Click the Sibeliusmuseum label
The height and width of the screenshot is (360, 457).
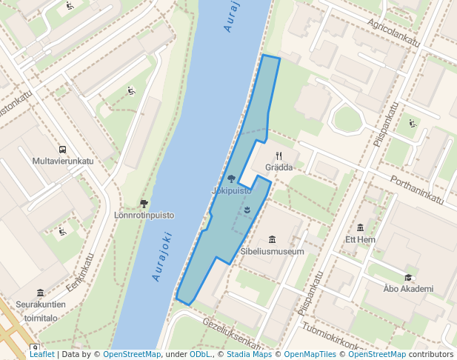272,252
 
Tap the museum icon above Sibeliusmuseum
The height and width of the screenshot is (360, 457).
272,239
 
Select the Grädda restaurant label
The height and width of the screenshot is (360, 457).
278,167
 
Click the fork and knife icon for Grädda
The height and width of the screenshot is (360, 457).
278,156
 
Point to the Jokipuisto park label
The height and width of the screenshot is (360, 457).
231,190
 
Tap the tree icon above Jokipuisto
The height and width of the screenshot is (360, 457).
231,179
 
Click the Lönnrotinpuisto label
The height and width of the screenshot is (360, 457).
144,216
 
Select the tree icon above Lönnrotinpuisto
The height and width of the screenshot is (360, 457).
144,203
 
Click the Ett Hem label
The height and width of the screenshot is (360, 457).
361,240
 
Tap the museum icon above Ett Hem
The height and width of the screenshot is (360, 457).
361,227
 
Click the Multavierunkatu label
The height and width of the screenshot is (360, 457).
63,161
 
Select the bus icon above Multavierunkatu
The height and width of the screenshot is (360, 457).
62,149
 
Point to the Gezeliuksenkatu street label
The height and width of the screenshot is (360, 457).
233,334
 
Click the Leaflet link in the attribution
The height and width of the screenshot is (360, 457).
41,355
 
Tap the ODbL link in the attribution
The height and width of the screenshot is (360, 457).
200,355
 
